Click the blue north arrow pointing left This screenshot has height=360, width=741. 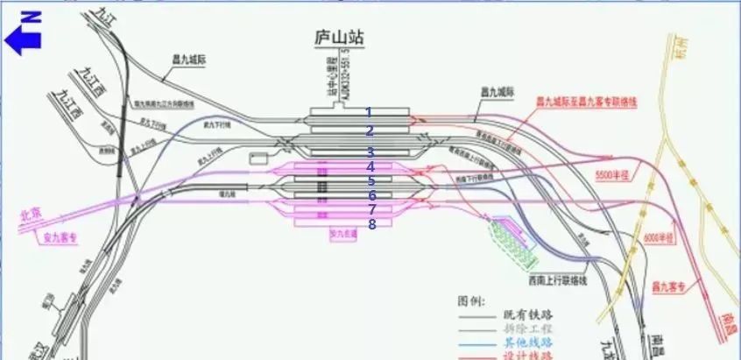click(x=24, y=39)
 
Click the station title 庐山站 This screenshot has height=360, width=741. click(x=338, y=39)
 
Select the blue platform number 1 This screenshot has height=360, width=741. click(x=369, y=112)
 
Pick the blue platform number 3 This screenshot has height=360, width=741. click(x=370, y=152)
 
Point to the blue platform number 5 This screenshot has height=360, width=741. click(x=370, y=181)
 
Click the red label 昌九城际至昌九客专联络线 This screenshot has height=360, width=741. click(x=586, y=102)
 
